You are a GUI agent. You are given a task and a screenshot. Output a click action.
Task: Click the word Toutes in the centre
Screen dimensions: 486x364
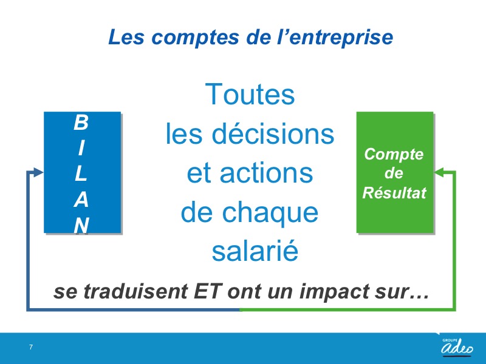[250, 94]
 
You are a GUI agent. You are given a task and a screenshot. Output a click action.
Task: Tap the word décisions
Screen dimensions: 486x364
[273, 133]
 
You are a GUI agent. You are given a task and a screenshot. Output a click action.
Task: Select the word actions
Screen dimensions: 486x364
[266, 173]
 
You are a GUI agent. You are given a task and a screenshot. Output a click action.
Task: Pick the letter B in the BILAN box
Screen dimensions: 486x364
[81, 123]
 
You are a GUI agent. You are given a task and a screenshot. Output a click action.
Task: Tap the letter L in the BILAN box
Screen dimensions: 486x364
[81, 174]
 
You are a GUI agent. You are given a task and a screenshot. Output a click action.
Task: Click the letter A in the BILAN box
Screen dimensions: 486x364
[81, 200]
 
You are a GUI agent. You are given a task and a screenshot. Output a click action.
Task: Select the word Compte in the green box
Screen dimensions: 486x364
[394, 155]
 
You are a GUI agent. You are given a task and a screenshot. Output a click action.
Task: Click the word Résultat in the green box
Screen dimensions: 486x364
[394, 193]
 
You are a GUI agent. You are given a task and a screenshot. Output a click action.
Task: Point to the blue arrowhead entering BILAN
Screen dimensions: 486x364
[38, 172]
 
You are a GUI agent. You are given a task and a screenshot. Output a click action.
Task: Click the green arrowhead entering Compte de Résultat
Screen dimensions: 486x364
[439, 172]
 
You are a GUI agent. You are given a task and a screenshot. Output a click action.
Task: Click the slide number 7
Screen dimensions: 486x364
[31, 347]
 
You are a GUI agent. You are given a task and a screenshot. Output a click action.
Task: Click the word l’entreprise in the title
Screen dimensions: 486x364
[335, 38]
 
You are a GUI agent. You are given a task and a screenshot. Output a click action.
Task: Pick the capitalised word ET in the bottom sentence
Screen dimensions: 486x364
[207, 291]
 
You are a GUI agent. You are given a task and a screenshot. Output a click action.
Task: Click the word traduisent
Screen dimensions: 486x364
[135, 291]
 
